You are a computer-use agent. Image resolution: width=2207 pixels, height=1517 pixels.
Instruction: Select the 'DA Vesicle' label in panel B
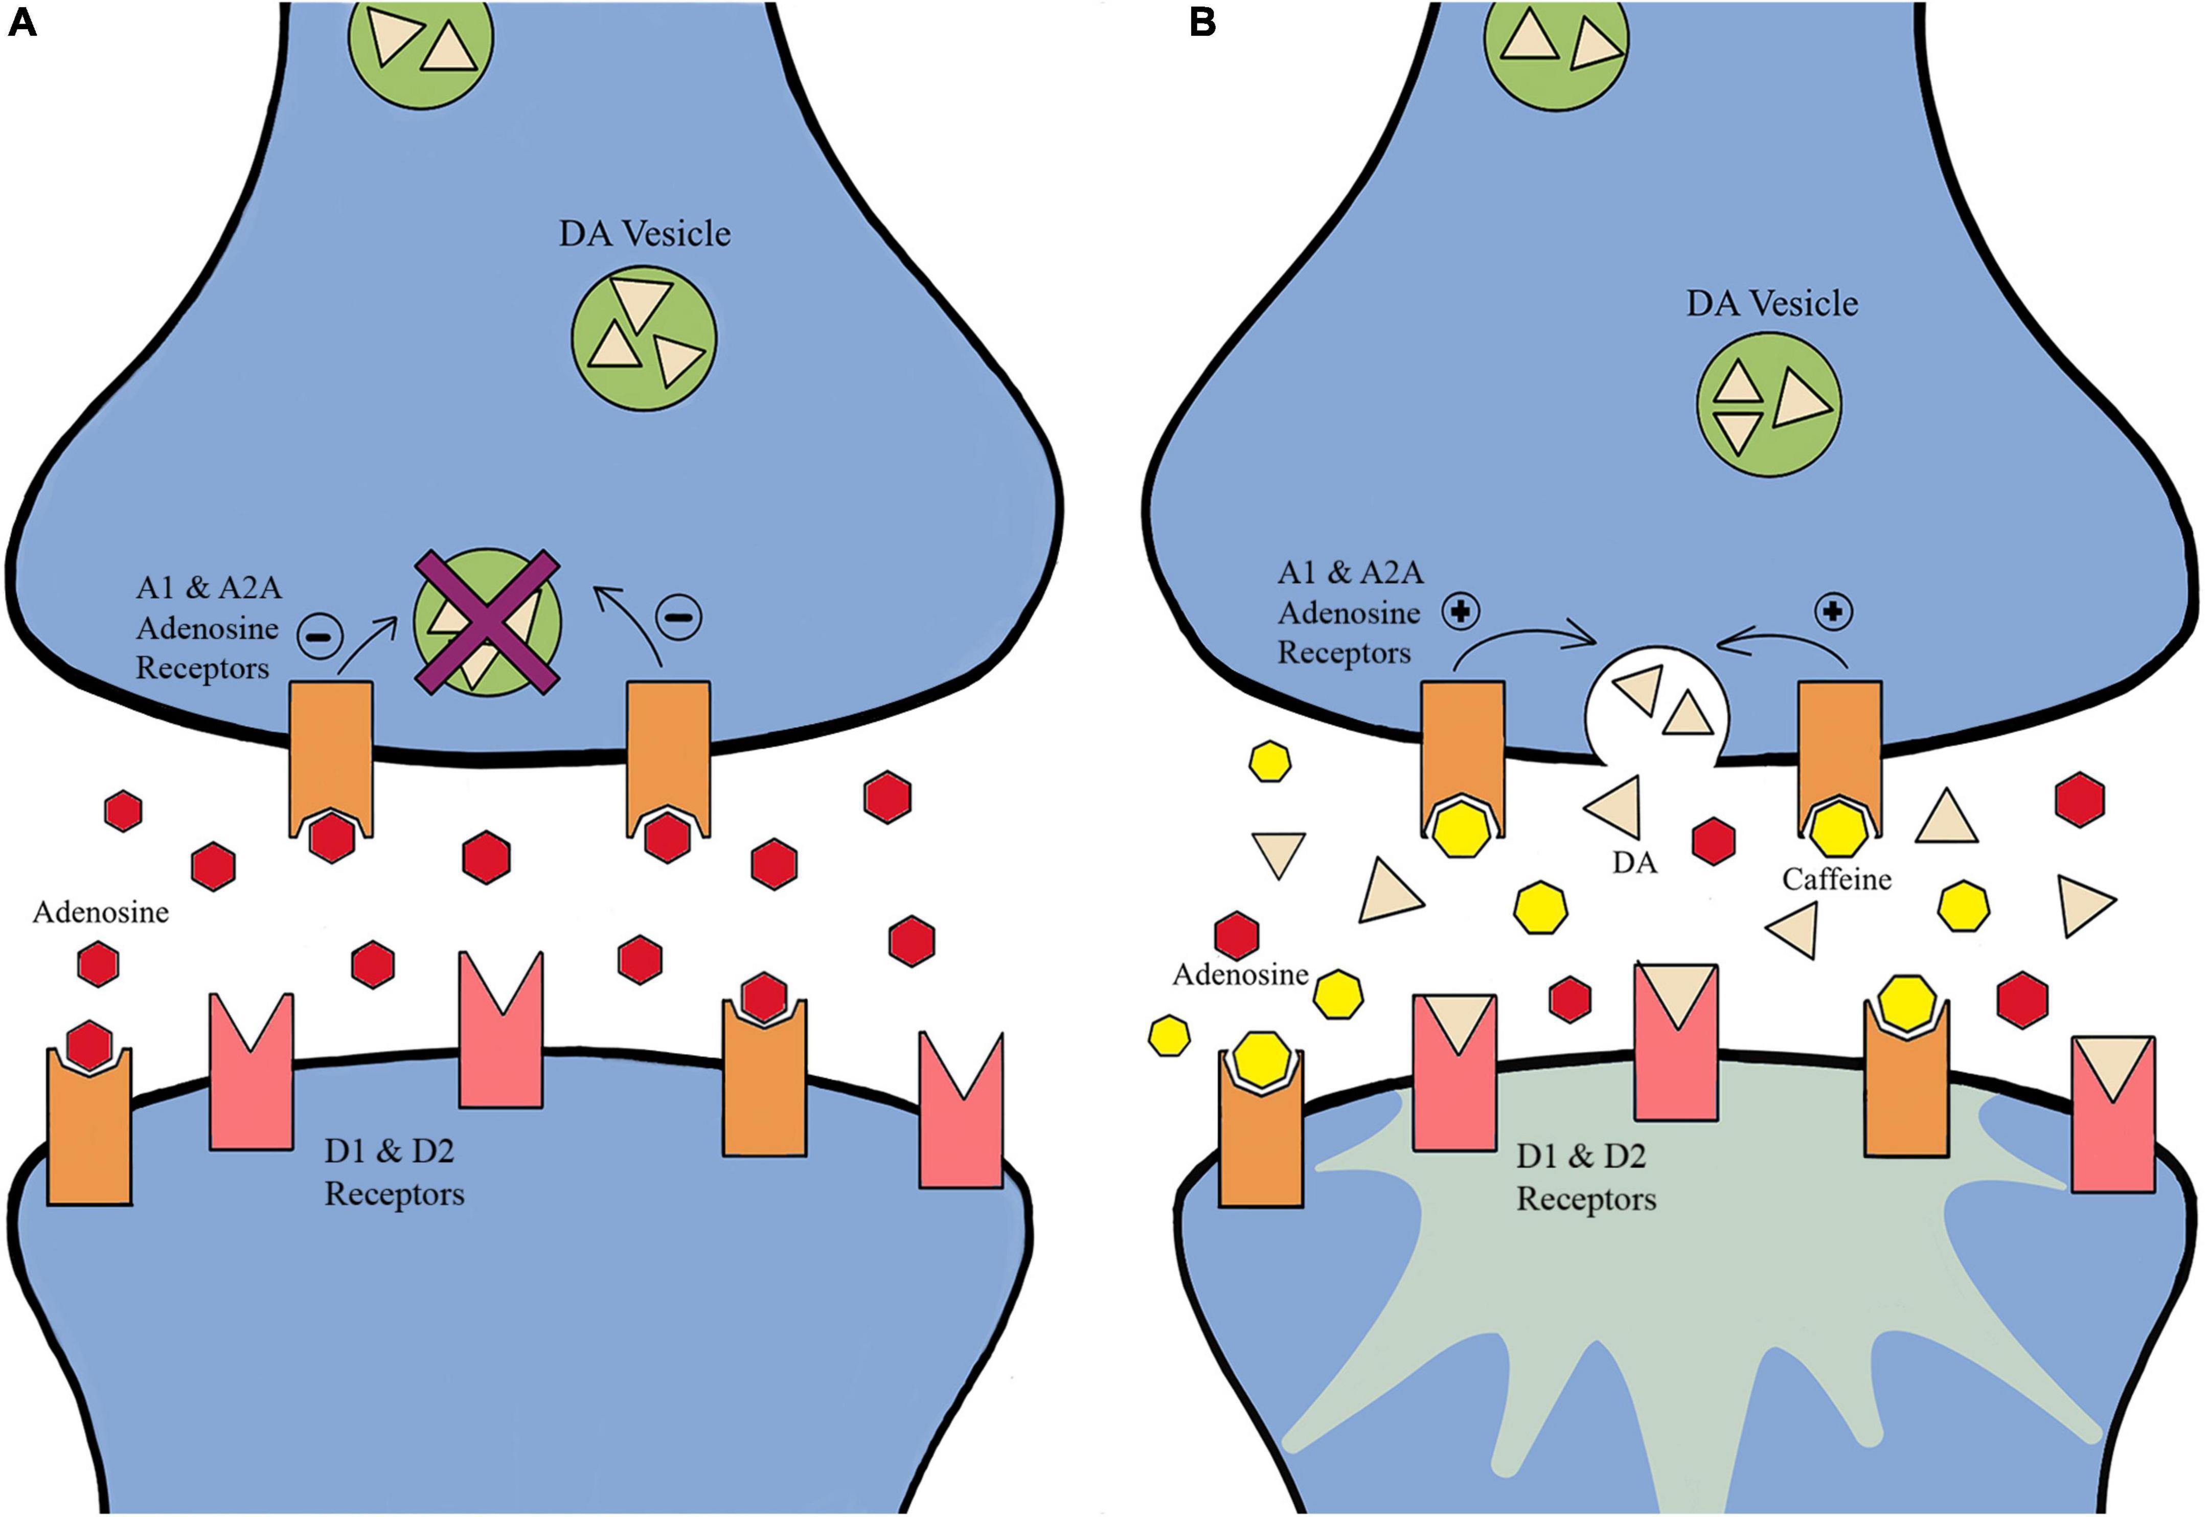[x=1771, y=304]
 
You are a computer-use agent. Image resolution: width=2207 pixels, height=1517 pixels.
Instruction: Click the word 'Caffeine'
[x=1836, y=879]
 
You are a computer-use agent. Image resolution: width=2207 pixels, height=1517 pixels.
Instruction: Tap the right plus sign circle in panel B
[x=1833, y=612]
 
